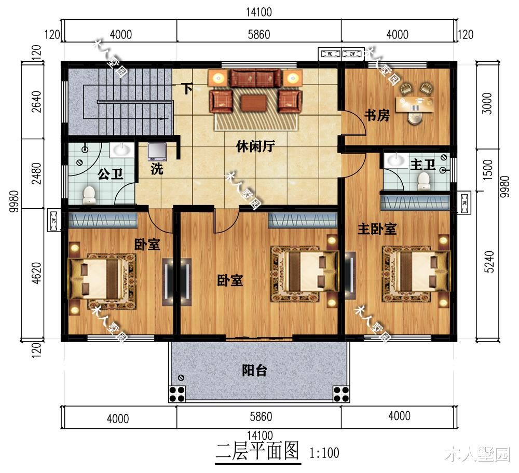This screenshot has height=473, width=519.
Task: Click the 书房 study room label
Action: point(376,115)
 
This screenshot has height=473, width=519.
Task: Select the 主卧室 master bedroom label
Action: point(377,228)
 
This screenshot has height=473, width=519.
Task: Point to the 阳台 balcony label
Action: point(254,371)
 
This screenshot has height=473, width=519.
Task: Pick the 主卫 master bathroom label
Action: point(422,165)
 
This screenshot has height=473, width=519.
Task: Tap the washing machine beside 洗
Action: point(157,152)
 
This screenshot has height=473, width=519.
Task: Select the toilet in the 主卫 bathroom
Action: point(424,180)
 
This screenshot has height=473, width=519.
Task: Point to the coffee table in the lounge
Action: point(255,101)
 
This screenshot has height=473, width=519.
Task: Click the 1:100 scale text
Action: point(324,453)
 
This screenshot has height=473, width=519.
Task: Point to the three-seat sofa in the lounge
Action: point(255,79)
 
